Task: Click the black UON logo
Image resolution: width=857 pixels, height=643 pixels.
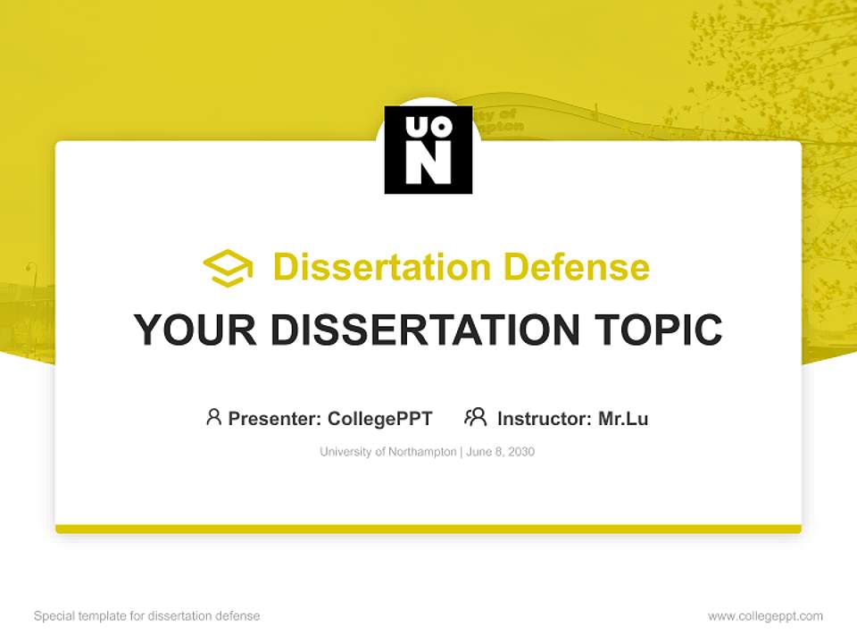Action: click(428, 150)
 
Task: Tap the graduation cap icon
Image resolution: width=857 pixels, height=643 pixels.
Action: click(228, 268)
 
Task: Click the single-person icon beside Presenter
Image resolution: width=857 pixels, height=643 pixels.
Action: click(213, 417)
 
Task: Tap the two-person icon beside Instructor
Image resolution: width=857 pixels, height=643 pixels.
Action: click(476, 417)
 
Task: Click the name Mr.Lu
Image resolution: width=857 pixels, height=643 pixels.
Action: click(623, 418)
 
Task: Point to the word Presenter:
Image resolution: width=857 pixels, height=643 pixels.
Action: click(275, 418)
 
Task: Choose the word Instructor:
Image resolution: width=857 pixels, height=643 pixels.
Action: click(545, 418)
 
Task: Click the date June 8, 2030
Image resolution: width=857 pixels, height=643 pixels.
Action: click(501, 452)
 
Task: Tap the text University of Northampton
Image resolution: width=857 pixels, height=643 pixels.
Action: click(387, 452)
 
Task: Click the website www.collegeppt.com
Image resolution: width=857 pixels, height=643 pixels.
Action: click(765, 616)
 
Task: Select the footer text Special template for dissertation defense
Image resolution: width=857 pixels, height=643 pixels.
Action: click(147, 616)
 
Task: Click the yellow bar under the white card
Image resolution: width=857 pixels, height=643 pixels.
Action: click(428, 529)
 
